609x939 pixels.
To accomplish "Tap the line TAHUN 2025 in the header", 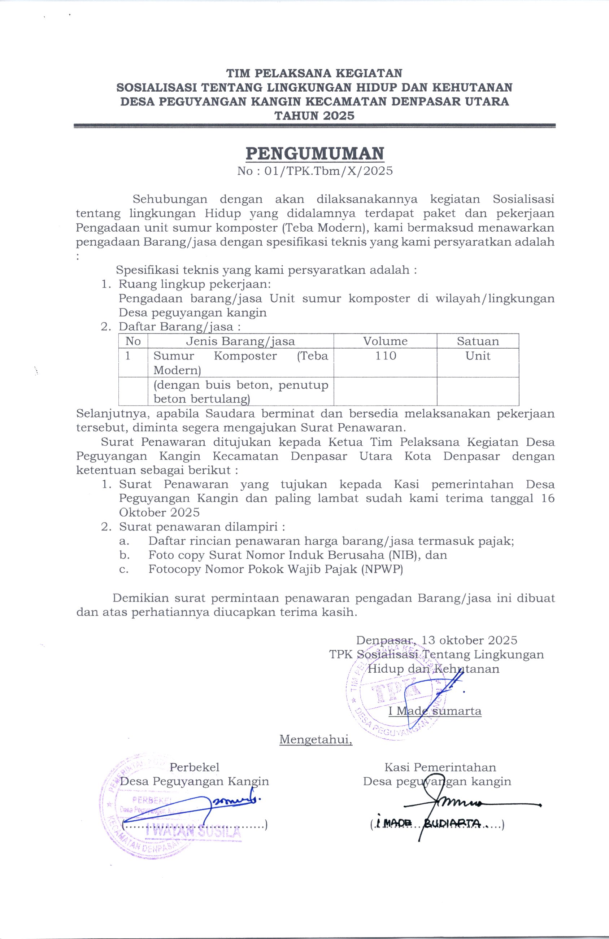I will [314, 115].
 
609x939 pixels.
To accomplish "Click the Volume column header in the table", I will [385, 341].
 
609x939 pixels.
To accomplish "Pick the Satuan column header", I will [478, 341].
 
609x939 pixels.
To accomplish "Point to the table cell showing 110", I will [385, 355].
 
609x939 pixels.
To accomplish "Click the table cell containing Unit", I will [478, 355].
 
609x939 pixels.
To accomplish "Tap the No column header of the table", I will [133, 341].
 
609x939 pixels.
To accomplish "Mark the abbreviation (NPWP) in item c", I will [382, 569].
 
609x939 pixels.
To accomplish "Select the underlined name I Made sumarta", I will [435, 711].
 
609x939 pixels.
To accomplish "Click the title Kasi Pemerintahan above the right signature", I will [440, 767].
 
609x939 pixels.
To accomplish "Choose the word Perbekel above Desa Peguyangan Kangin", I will [194, 767].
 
